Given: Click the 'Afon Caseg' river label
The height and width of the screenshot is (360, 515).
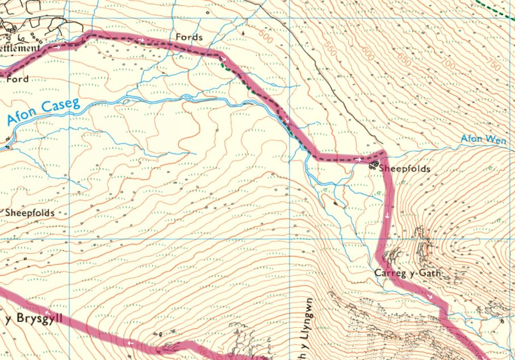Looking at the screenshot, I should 43,112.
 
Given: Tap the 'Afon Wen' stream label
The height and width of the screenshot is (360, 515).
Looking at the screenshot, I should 484,139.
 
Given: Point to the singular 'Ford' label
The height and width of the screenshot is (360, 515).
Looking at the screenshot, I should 17,79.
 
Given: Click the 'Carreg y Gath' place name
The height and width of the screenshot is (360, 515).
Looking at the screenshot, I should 407,274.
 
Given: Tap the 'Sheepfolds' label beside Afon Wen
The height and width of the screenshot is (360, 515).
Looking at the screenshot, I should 404,169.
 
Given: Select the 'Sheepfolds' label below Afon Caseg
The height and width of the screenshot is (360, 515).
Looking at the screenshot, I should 30,213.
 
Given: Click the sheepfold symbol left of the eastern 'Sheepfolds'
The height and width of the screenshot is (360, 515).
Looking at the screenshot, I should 373,165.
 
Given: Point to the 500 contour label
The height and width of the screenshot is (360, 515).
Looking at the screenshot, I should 264,35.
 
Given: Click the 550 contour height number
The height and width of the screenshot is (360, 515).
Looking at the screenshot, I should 331,52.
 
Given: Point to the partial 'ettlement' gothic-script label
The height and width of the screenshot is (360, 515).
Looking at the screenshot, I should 20,48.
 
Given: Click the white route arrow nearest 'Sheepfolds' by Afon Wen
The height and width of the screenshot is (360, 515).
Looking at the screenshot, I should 359,160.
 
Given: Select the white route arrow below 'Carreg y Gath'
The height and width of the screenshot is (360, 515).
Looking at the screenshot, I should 430,296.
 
